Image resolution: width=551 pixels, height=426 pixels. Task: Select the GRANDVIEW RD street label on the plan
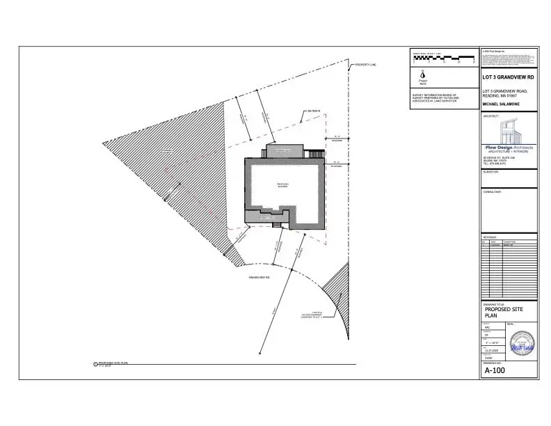(259, 277)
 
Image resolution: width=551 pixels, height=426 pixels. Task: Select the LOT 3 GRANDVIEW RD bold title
(509, 77)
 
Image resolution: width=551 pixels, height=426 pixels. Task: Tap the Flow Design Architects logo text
(509, 148)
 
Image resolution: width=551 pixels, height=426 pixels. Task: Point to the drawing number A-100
(495, 370)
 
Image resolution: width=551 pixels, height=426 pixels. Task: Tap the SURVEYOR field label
(492, 171)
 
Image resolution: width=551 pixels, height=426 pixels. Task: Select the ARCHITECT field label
(492, 116)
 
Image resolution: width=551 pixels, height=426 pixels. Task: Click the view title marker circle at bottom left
(95, 364)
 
